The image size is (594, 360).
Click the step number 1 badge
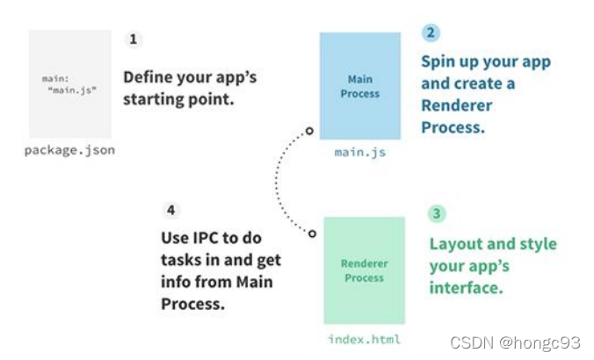tap(133, 40)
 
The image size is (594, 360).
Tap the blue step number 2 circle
tap(431, 32)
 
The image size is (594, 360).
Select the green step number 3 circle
tap(437, 213)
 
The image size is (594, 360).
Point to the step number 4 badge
tap(171, 210)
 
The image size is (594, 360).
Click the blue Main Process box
tap(360, 86)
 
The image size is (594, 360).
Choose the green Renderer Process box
tap(364, 270)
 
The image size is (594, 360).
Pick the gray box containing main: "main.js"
tap(70, 84)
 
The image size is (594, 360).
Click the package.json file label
tap(69, 150)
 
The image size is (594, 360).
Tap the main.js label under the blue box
tap(360, 152)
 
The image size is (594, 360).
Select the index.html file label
tap(364, 339)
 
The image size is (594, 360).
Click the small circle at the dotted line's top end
tap(309, 131)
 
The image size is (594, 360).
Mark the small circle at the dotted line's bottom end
tap(312, 234)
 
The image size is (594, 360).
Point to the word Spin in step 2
tap(438, 62)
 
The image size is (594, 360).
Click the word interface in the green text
tap(467, 288)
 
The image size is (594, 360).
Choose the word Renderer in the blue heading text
tap(457, 105)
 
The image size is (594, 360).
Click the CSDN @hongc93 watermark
tap(515, 342)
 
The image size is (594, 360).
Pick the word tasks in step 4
tap(180, 260)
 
